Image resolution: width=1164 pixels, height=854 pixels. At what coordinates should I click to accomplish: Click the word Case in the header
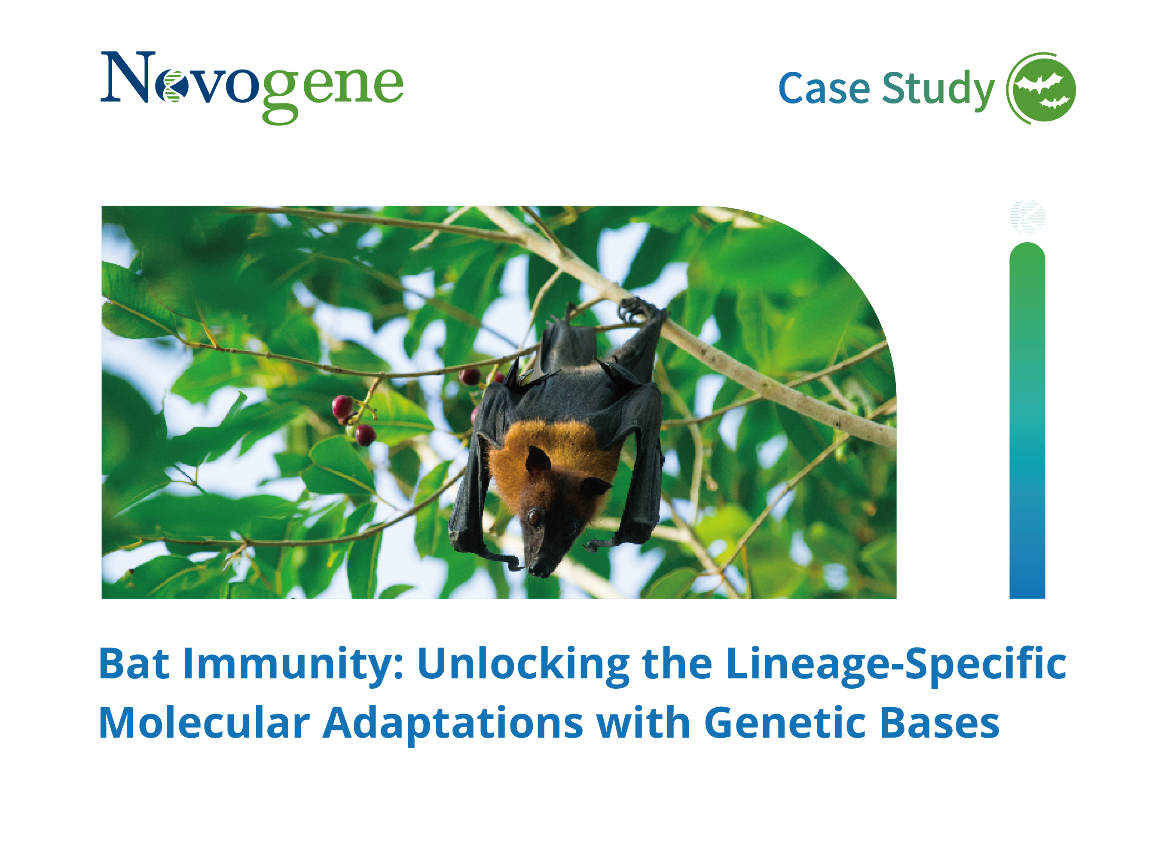(824, 88)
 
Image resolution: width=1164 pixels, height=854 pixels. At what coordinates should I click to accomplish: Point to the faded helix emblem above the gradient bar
(1027, 216)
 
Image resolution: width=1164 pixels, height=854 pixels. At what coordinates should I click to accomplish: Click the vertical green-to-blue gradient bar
(1027, 420)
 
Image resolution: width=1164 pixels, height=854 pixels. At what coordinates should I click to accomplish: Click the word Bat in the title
(134, 663)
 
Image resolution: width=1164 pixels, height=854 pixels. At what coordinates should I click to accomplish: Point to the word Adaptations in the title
(453, 725)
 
